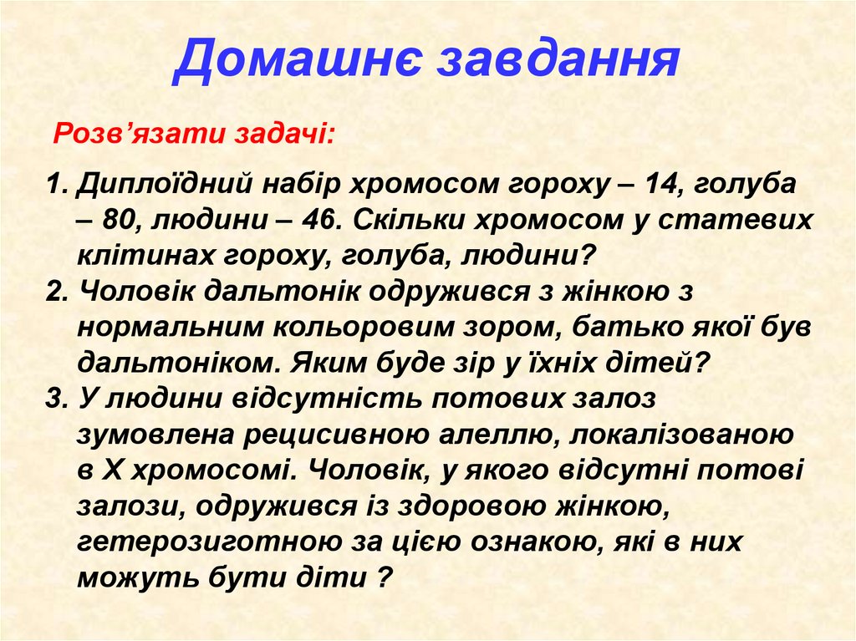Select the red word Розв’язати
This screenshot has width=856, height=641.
point(115,134)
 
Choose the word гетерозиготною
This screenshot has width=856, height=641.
point(203,542)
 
